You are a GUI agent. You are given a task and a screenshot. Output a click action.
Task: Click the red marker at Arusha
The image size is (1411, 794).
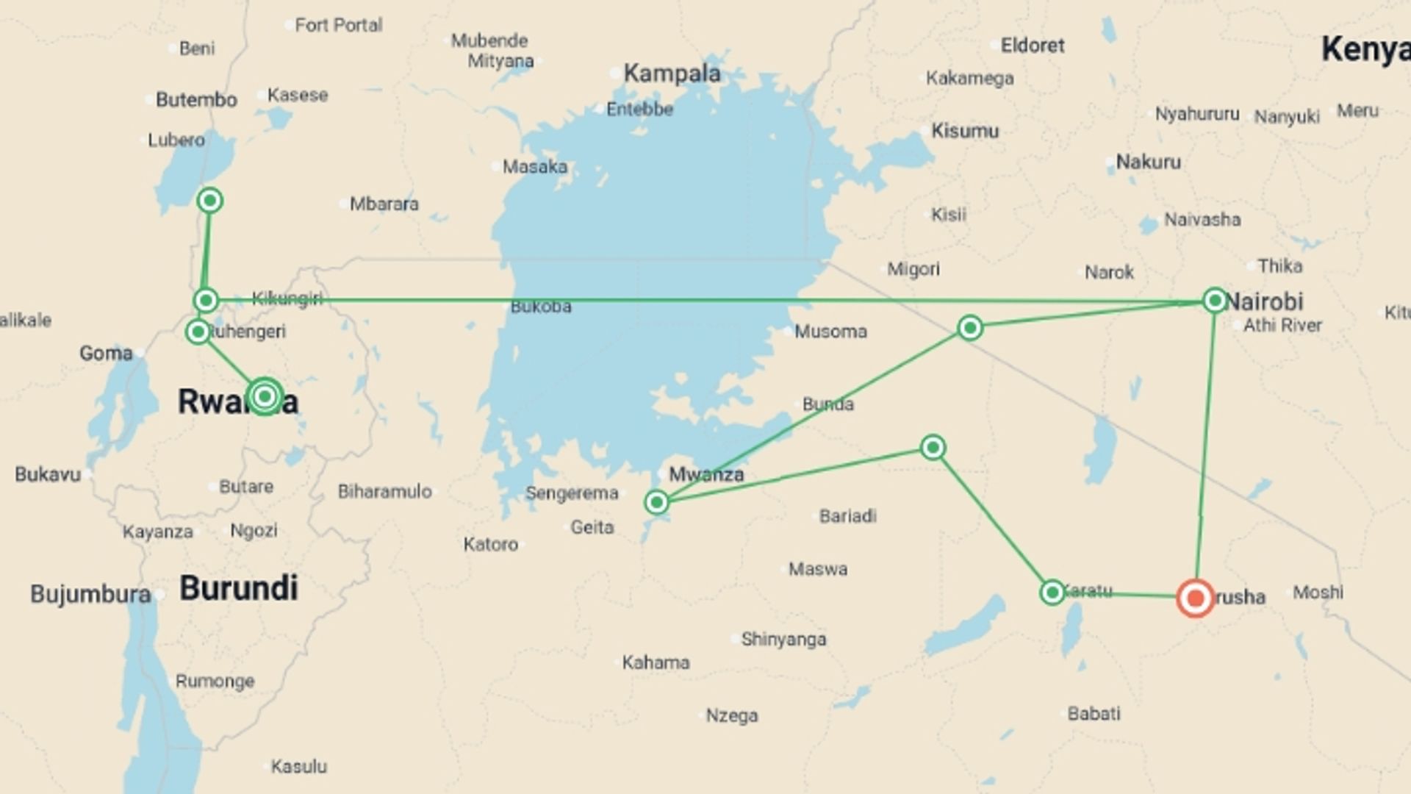(1195, 598)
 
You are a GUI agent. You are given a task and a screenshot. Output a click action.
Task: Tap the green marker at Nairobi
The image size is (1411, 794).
(1215, 300)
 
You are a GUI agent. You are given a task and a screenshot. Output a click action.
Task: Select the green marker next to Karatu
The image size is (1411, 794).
(1052, 592)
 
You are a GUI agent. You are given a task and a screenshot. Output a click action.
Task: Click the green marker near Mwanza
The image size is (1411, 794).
(656, 502)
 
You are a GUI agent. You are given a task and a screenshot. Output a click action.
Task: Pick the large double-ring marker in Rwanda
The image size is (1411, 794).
(265, 396)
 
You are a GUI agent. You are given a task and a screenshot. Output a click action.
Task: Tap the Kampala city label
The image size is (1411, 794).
(672, 73)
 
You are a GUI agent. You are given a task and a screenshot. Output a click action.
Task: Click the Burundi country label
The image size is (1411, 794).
(239, 588)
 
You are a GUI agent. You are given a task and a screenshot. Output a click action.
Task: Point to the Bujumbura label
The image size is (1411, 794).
(90, 594)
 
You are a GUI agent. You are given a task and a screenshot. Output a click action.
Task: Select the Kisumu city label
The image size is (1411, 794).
(965, 131)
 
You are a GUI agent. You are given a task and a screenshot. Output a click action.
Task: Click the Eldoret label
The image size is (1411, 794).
(1032, 46)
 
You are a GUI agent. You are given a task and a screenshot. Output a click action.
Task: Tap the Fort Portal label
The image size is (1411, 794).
(338, 25)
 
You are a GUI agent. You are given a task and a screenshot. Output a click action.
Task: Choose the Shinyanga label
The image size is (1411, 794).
(783, 639)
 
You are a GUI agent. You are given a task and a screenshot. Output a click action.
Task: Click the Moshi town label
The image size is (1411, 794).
(1318, 592)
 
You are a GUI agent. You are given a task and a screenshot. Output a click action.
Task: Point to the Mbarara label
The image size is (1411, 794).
(384, 204)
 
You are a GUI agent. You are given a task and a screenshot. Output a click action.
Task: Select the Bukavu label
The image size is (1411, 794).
(48, 474)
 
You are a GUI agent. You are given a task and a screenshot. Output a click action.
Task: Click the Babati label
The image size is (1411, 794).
(1094, 713)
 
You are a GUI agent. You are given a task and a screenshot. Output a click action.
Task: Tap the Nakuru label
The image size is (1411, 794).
(1148, 162)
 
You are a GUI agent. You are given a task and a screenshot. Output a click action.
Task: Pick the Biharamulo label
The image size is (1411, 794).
(384, 491)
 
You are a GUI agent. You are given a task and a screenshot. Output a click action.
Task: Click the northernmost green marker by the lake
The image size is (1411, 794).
(210, 200)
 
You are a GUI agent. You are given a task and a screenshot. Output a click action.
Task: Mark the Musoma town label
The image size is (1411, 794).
(830, 332)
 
